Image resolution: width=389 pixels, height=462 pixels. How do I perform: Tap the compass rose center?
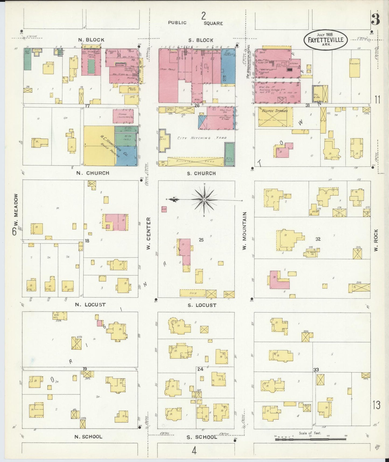204,199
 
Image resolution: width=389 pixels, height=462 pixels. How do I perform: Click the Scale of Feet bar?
310,439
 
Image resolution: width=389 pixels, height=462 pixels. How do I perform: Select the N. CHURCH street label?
93,173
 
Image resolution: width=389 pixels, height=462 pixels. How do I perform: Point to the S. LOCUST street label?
202,305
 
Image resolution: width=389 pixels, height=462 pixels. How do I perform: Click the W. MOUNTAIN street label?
244,230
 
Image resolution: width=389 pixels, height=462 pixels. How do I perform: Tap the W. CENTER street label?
148,233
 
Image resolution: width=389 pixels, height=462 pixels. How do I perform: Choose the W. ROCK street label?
376,240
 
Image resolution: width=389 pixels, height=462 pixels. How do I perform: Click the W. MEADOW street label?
16,210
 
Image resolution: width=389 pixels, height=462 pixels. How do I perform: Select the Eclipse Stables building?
275,117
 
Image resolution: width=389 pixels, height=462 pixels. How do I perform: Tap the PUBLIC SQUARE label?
195,23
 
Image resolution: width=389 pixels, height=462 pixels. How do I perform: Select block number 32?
318,239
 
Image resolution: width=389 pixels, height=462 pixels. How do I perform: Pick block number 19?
85,369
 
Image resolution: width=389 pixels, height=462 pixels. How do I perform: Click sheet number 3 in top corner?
375,19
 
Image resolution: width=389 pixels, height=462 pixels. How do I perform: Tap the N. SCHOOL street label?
88,437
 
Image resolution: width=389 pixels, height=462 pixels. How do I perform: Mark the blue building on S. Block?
228,67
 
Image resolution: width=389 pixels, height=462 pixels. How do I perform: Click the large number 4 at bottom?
194,451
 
